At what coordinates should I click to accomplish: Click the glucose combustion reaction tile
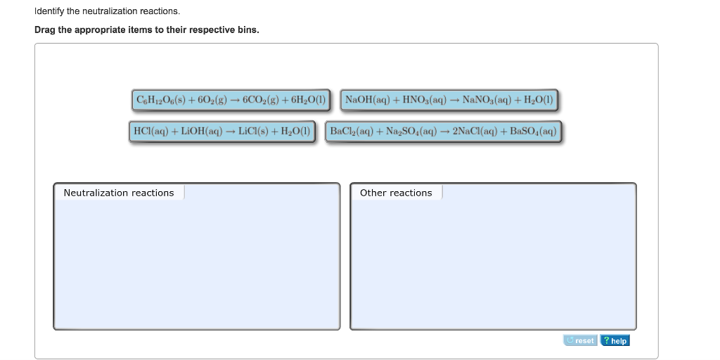[231, 100]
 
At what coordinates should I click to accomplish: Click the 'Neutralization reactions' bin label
[119, 193]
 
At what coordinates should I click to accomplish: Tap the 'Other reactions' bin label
[396, 193]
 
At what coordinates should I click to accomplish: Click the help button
[615, 341]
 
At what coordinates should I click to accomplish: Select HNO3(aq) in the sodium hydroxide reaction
[425, 100]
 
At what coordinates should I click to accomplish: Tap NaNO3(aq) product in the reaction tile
[487, 100]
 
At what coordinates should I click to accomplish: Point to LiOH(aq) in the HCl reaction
[202, 131]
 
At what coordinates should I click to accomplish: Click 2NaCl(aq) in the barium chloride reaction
[477, 131]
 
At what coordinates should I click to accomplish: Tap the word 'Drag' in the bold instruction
[46, 30]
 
